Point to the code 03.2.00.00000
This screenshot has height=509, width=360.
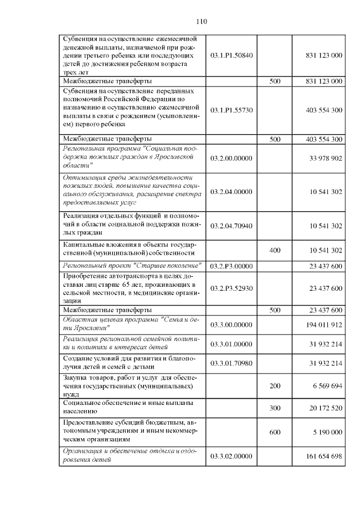231,159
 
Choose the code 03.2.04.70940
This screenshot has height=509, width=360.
231,226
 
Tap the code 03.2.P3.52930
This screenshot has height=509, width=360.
231,289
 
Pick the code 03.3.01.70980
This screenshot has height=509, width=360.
231,363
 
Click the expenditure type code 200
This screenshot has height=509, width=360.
275,388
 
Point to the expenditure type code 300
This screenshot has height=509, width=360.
275,408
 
